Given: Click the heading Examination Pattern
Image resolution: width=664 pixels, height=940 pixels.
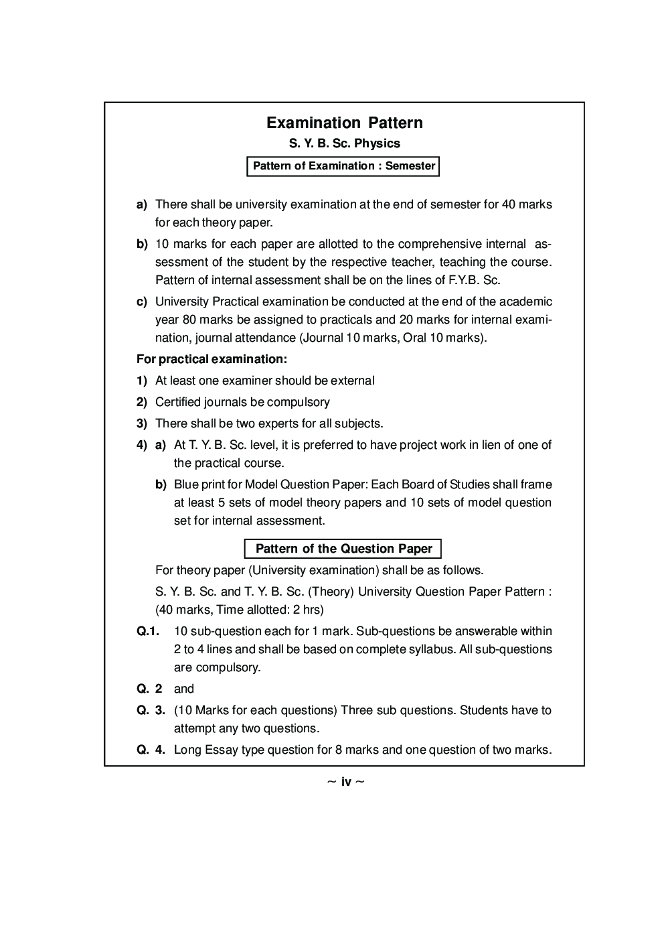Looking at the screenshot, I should coord(344,123).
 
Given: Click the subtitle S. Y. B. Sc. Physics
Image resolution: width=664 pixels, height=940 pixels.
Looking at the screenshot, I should coord(344,143).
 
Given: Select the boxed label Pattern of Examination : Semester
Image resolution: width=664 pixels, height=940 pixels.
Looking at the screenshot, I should coord(343,165).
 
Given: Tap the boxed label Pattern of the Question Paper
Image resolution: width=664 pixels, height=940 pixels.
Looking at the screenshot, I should coord(343,549).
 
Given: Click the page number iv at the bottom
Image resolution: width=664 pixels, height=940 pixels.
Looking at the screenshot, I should coord(345,782).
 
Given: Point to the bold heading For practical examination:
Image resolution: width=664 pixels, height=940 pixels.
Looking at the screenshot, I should coord(212,359).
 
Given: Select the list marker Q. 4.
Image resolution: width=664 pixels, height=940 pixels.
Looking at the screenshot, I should coord(151,750).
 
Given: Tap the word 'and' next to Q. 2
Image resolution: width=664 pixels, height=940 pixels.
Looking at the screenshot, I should coord(183,689).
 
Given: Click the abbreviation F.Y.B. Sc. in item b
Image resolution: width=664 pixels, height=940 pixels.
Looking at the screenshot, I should coord(472,280).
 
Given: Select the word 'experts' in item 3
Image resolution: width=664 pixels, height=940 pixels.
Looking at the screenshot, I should coord(273,423).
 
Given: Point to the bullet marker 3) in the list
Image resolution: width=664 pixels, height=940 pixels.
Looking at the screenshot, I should coord(141,423).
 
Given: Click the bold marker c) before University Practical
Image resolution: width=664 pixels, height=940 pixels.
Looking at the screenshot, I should coord(141,301).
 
